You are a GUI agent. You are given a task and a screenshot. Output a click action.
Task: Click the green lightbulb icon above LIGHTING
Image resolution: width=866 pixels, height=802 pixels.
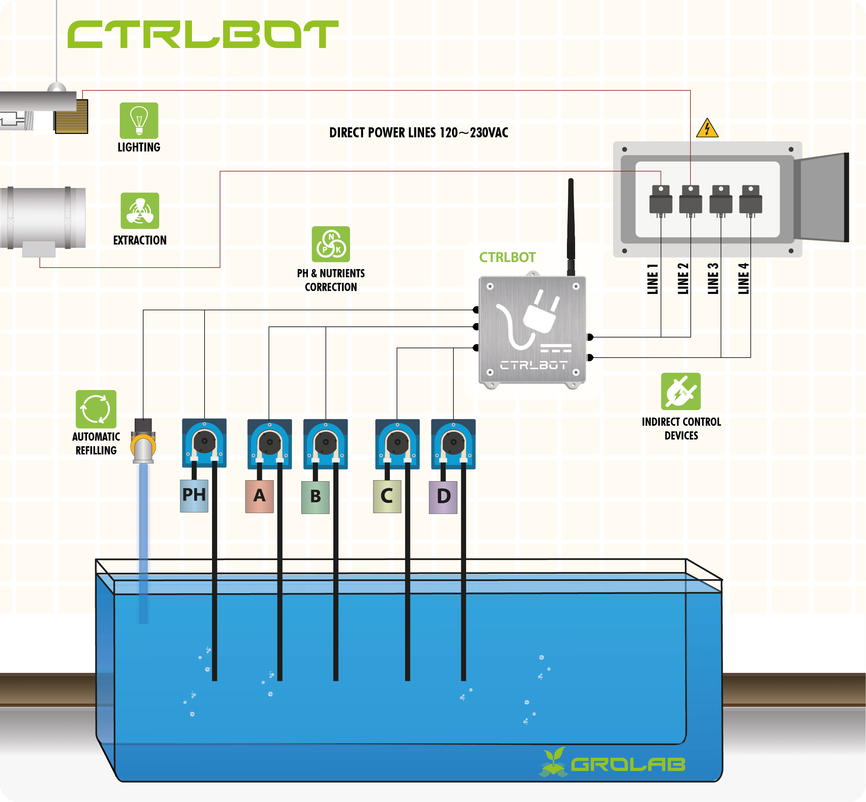tap(139, 120)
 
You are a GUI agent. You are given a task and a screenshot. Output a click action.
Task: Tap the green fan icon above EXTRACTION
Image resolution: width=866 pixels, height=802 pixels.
tap(140, 211)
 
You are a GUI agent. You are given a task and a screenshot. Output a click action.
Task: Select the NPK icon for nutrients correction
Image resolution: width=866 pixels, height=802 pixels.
tap(331, 244)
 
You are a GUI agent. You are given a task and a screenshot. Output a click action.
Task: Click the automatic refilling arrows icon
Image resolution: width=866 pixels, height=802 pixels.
tap(96, 409)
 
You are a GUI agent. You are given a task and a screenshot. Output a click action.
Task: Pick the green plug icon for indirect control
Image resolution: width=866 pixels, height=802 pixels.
tap(680, 391)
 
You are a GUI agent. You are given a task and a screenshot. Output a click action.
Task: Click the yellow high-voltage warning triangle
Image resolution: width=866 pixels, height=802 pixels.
tap(707, 128)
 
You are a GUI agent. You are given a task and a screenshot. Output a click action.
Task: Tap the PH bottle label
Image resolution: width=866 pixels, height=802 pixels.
tap(194, 495)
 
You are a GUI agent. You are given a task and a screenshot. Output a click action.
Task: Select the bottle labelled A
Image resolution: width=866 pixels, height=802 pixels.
tap(259, 496)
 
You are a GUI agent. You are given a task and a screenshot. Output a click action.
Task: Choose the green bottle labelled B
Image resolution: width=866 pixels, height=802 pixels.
tap(315, 497)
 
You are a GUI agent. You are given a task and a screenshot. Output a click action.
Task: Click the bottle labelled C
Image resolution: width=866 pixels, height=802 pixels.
tap(387, 496)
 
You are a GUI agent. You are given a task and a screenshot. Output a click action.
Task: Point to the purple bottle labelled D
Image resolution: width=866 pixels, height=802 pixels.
tap(443, 497)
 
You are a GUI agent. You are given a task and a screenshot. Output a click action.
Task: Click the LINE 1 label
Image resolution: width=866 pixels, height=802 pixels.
tap(652, 279)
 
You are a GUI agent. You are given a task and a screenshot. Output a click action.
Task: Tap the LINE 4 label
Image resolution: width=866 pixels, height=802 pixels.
tap(743, 279)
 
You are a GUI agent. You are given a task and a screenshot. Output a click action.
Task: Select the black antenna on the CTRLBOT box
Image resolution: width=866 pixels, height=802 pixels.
tap(571, 226)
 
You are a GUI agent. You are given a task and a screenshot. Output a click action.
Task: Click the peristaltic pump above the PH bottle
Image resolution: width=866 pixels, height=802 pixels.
tap(204, 442)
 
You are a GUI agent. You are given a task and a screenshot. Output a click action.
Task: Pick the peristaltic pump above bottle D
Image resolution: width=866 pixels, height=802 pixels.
tap(453, 444)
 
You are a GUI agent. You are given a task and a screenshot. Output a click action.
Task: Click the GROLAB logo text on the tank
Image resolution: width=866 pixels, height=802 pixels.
tap(628, 765)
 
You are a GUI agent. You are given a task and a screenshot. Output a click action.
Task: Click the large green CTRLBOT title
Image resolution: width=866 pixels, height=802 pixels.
tap(203, 34)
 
